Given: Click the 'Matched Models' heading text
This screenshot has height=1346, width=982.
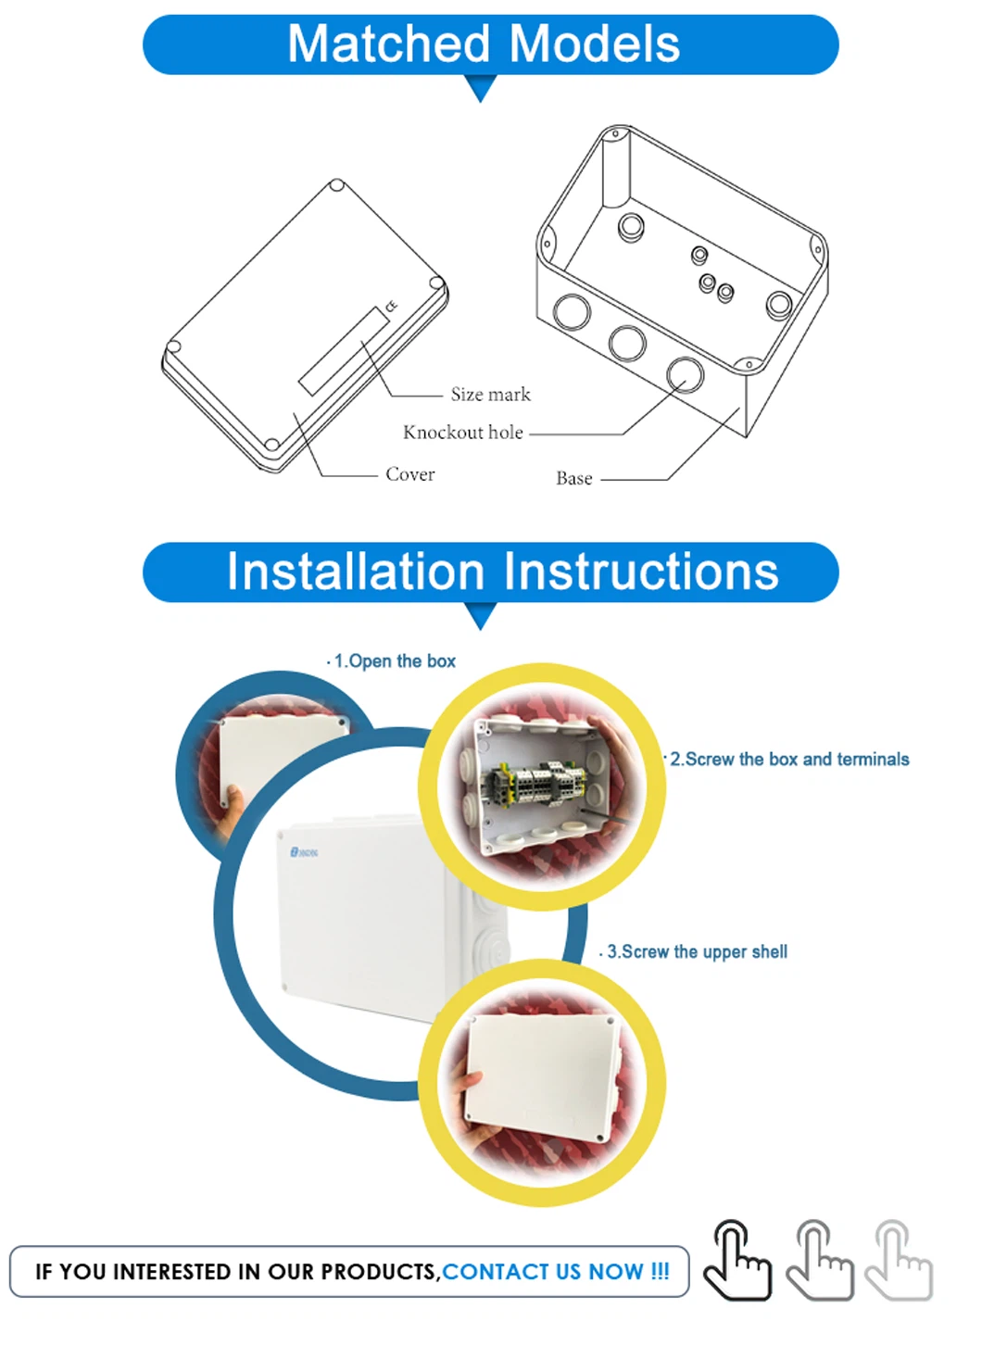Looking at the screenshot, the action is tap(484, 44).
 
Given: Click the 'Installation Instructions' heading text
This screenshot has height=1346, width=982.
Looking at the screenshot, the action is tap(502, 571).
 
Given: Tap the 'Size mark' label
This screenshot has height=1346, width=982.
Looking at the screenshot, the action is tap(490, 395).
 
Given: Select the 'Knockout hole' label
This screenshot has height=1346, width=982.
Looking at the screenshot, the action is tap(463, 432).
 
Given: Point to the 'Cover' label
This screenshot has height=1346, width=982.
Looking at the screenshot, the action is tap(409, 474).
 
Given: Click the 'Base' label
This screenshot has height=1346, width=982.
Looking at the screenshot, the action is tap(574, 478).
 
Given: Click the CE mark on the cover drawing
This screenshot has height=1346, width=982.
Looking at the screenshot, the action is tap(391, 306).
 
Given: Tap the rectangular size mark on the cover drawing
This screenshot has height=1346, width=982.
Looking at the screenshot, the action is tap(345, 351).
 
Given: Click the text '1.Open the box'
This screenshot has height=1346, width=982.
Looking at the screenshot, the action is tap(395, 661).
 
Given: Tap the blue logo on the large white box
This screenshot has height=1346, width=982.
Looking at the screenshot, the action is tap(304, 852).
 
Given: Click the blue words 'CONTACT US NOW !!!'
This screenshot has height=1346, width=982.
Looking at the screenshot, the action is tap(556, 1272).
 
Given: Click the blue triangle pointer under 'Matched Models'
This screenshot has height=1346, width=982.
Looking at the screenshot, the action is tap(480, 88).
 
